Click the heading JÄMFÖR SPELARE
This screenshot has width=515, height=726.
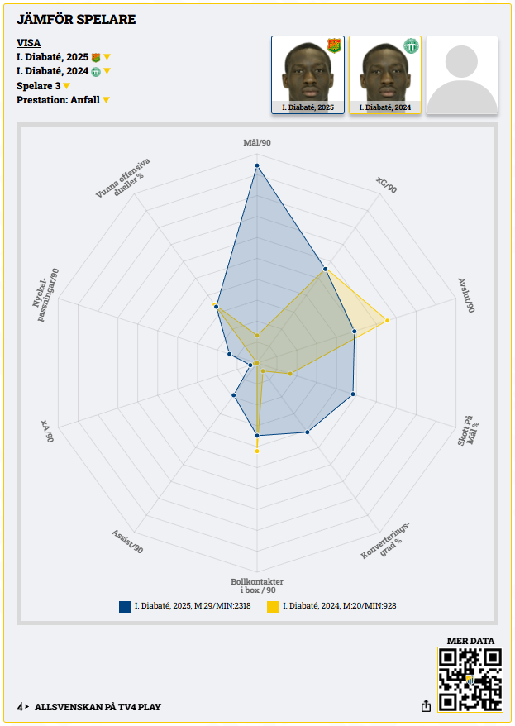click(x=76, y=19)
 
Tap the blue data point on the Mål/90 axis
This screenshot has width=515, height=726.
click(x=257, y=166)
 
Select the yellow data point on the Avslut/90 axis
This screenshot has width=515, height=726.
click(x=386, y=320)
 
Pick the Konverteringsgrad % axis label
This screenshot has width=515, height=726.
click(x=385, y=542)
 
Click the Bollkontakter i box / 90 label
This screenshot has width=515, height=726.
click(x=257, y=585)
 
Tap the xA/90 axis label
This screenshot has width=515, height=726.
click(x=48, y=431)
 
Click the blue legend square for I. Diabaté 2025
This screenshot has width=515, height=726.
click(x=125, y=606)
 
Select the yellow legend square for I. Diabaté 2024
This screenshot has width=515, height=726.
click(x=273, y=606)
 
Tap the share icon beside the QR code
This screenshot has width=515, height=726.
click(x=426, y=706)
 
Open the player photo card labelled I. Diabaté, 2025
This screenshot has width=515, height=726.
click(x=308, y=74)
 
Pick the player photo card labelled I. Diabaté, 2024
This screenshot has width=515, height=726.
click(x=384, y=74)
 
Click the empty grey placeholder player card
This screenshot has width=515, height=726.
click(x=462, y=74)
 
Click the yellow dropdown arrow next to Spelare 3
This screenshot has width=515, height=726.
click(x=67, y=86)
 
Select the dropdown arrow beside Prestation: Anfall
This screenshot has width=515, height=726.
click(x=106, y=100)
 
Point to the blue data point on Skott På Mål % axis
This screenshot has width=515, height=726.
click(x=353, y=394)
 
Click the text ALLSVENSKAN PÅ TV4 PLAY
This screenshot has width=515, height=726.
click(x=98, y=707)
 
